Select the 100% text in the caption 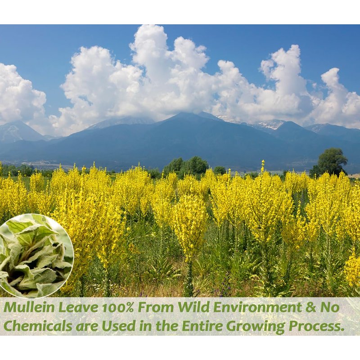118,307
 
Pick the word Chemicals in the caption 37,326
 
